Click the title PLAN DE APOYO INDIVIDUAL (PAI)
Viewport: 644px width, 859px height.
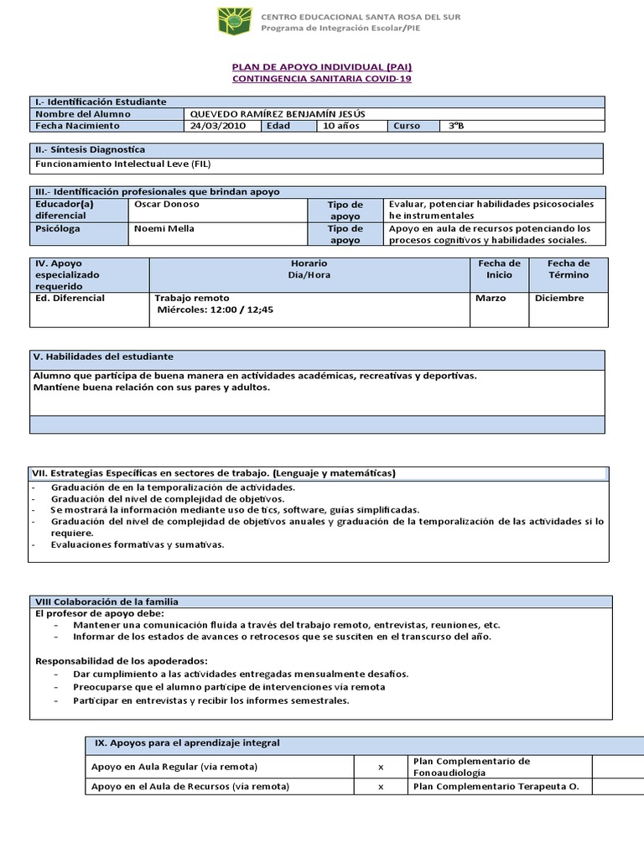(x=321, y=67)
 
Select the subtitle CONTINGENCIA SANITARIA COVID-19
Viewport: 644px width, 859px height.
(x=321, y=79)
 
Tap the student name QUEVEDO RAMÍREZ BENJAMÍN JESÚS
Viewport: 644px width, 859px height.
(x=278, y=114)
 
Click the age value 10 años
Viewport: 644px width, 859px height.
(x=340, y=126)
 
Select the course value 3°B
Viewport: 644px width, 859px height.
(x=455, y=126)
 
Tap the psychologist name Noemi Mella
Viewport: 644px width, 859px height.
(x=164, y=228)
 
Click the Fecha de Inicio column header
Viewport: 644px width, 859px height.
(x=499, y=269)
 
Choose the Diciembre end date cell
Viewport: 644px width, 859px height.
(x=559, y=298)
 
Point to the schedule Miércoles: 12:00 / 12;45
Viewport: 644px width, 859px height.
(x=216, y=310)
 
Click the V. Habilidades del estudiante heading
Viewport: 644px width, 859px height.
(x=103, y=357)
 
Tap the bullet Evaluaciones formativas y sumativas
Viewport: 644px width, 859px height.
(x=138, y=544)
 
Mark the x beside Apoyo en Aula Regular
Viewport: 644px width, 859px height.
(x=381, y=767)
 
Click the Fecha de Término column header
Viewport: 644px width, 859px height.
(x=569, y=269)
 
